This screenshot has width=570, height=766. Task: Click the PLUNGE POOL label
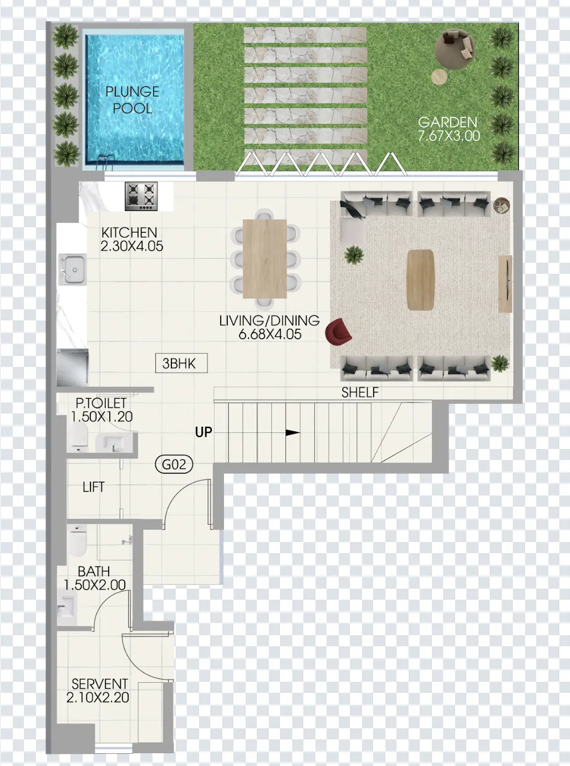click(132, 100)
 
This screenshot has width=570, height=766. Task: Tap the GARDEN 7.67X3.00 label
click(448, 129)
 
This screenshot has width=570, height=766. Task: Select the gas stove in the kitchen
click(141, 196)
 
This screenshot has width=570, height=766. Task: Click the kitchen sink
click(72, 269)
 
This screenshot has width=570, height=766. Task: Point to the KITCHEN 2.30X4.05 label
click(131, 239)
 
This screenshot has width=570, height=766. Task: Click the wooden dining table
click(265, 258)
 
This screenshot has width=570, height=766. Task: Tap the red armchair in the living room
click(339, 331)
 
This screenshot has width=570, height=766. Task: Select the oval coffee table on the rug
click(420, 279)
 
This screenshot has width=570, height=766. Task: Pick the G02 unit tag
click(174, 464)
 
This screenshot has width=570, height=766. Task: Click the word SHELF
click(360, 392)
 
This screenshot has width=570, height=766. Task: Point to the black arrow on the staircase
click(292, 433)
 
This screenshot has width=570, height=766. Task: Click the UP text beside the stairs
click(203, 432)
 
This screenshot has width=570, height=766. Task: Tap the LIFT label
click(93, 487)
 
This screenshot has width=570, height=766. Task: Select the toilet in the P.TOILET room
click(78, 437)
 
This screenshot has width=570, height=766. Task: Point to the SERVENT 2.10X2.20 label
click(98, 691)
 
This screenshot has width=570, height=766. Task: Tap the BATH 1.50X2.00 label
click(94, 578)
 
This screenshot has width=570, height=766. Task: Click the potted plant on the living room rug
click(353, 255)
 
